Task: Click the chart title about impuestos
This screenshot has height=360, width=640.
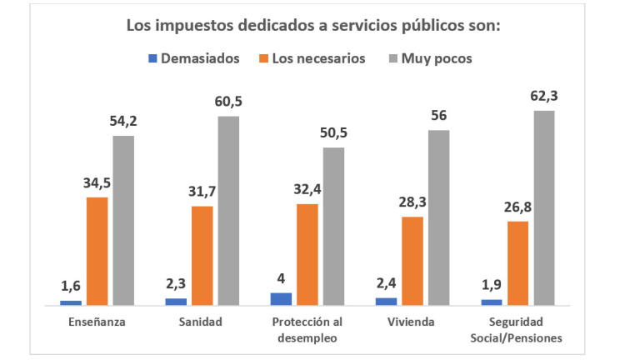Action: point(312,25)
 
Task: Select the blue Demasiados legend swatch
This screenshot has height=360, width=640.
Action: point(152,58)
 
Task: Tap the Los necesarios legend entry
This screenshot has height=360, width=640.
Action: point(310,58)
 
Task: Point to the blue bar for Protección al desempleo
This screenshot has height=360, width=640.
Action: point(281,298)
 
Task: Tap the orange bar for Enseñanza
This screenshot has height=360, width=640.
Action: point(97,250)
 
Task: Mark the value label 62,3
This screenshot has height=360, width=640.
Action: point(544,95)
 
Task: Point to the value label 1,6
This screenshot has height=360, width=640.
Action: point(71,286)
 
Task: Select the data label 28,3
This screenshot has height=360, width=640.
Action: point(412,202)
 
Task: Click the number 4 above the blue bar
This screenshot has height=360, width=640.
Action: point(281,278)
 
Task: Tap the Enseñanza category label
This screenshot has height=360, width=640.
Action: point(97,322)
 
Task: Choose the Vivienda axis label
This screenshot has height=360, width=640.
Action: point(412,322)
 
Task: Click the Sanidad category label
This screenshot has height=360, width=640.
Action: point(202,322)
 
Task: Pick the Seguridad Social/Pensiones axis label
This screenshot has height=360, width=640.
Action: point(517,330)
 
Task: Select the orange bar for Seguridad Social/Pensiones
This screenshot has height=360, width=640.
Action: point(517,262)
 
